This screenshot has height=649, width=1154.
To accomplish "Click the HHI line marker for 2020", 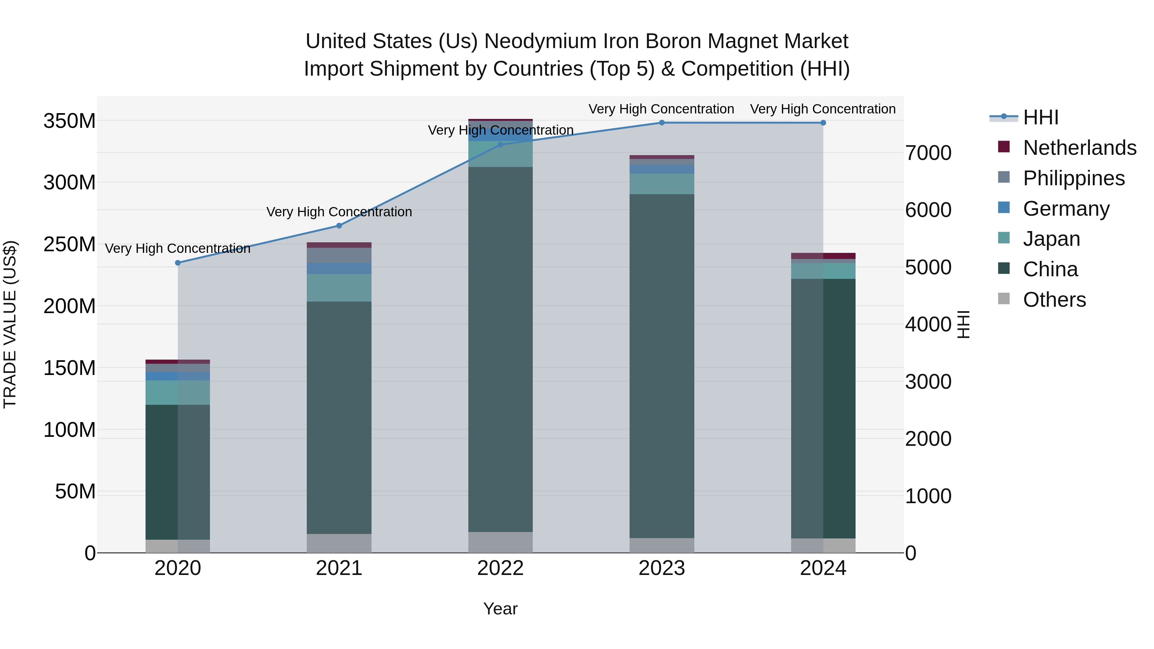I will pos(178,263).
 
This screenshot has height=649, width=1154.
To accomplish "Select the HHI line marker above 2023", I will pos(662,123).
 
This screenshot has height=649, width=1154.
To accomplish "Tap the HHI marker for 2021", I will pos(339,226).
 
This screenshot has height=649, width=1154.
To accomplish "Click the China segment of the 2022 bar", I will pos(500,349).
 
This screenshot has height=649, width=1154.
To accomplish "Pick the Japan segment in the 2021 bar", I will pos(339,287).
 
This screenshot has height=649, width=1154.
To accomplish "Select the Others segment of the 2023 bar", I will pos(662,545).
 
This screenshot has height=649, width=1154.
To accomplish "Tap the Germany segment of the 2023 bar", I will pos(662,169).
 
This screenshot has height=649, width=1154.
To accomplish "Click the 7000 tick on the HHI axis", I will pos(928,153).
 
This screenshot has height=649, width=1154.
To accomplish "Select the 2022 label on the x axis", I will pos(500,568).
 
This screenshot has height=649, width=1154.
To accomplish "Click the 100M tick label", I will pos(70,430).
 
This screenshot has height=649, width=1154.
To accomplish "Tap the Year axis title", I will pos(500,609).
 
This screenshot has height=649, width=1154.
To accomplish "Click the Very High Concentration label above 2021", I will pos(339,212).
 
